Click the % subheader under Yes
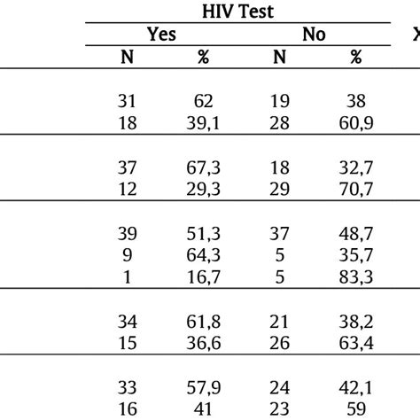pyautogui.click(x=203, y=57)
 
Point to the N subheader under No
pyautogui.click(x=278, y=57)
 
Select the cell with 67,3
pyautogui.click(x=203, y=168)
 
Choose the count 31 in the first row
pyautogui.click(x=127, y=101)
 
